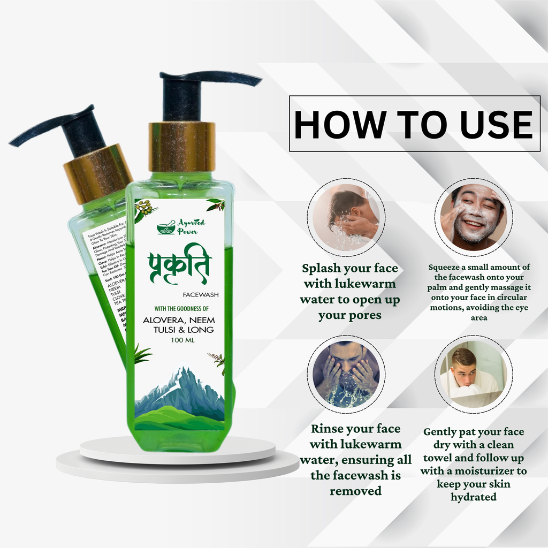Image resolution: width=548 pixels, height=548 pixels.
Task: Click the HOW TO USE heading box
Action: [414, 124]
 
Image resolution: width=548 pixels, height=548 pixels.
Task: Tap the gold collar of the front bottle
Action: [182, 147]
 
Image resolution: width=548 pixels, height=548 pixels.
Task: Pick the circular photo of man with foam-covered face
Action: [473, 217]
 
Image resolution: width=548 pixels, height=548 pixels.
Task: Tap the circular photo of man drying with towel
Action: [473, 374]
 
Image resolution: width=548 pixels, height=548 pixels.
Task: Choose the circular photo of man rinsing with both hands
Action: [346, 374]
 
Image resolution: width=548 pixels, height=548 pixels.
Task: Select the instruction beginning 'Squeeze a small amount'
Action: [479, 292]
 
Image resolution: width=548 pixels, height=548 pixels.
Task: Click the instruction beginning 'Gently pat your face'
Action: [473, 464]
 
